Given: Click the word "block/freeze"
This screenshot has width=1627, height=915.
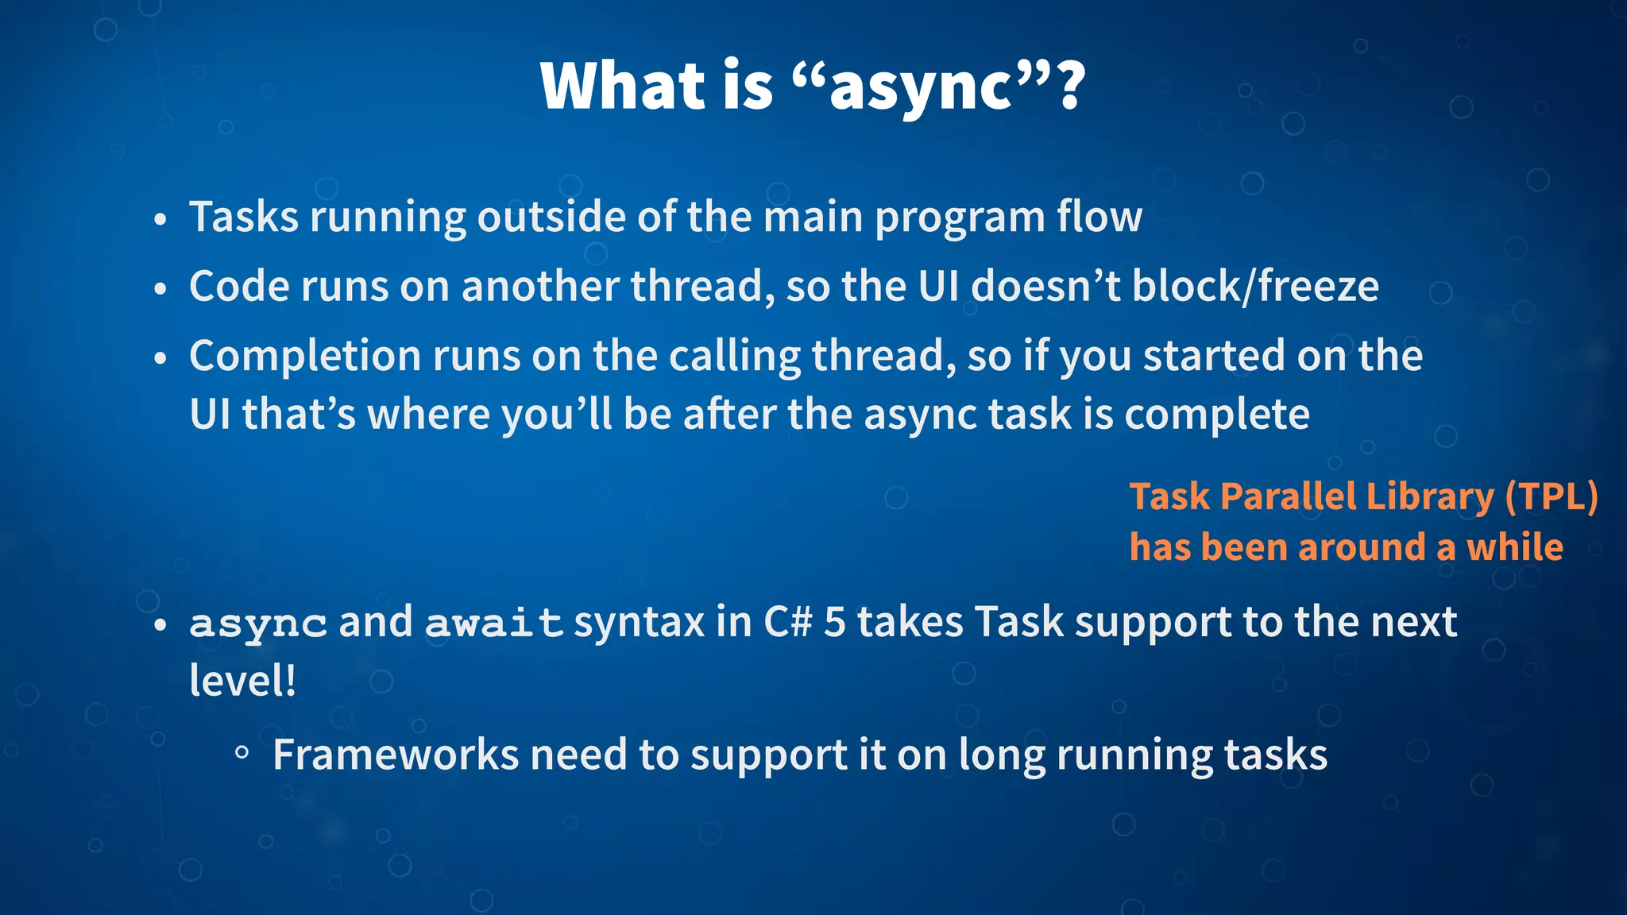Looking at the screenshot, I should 1255,286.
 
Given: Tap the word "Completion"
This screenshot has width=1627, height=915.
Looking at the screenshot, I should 304,356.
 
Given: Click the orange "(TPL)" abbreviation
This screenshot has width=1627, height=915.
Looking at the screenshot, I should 1551,496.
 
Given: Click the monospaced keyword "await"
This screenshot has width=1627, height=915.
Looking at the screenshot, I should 493,623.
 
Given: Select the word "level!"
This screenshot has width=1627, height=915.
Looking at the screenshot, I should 242,681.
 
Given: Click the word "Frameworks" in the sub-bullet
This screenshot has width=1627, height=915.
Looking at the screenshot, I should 395,755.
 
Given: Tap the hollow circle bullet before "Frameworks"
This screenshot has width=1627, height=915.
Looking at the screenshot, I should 242,753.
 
